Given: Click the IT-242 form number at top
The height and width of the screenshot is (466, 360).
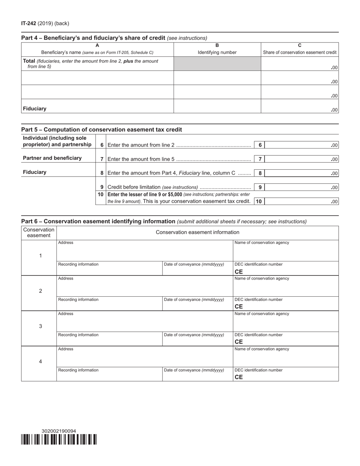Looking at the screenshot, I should [x=29, y=23].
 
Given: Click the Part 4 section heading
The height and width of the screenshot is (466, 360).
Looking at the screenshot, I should [x=93, y=38].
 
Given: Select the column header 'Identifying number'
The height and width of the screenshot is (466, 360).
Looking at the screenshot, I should [x=217, y=52].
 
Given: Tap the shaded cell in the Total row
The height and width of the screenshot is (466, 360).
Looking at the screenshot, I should [x=217, y=64].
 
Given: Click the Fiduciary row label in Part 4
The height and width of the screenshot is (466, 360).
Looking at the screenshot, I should [x=34, y=109].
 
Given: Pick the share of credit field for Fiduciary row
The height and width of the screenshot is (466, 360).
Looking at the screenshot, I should [x=299, y=106].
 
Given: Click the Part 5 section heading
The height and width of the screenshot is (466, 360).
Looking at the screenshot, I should [x=101, y=130].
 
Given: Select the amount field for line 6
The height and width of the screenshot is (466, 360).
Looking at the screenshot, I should [x=301, y=145].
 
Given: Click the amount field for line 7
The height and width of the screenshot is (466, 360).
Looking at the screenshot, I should [x=301, y=159].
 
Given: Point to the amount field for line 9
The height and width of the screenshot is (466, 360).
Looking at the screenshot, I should [x=301, y=187].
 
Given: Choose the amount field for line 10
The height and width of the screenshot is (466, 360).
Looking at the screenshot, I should [x=301, y=202].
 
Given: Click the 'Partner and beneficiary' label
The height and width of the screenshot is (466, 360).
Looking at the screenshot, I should [x=52, y=158].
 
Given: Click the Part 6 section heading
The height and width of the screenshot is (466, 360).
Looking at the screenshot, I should [x=98, y=221].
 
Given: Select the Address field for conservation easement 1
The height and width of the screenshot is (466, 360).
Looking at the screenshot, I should [x=145, y=251].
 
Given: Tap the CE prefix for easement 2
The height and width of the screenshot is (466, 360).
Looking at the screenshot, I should [x=239, y=306].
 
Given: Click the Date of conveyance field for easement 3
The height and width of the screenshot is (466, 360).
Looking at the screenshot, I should [x=197, y=339].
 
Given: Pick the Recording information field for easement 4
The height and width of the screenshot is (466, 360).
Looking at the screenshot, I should [x=110, y=374].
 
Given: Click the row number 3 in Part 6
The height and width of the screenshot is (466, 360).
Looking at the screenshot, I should [x=41, y=326].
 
